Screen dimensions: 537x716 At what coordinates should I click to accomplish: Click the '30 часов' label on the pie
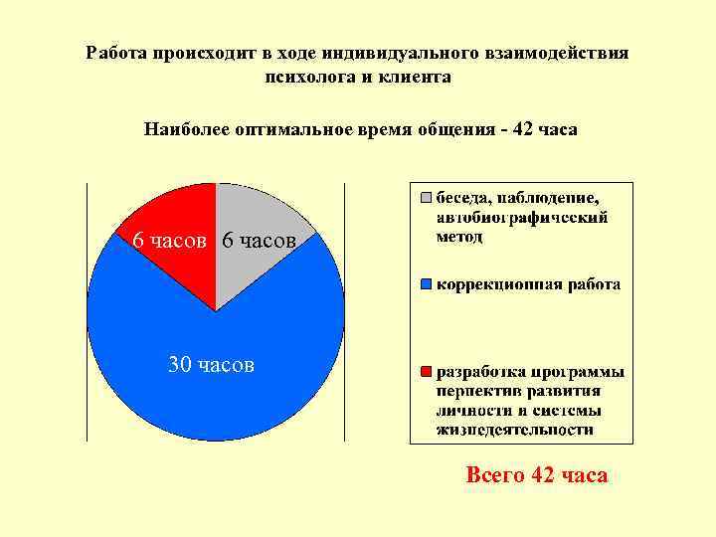click(211, 365)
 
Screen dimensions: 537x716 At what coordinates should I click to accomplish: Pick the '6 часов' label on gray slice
click(260, 241)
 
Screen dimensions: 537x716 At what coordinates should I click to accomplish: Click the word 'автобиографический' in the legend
click(522, 217)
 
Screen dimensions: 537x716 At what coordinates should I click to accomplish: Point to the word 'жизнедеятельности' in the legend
click(515, 431)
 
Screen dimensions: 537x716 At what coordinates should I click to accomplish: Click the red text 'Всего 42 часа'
click(536, 475)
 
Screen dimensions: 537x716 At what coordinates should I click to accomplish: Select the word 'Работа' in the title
click(117, 53)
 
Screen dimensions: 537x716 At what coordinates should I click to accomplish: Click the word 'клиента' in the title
click(419, 77)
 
